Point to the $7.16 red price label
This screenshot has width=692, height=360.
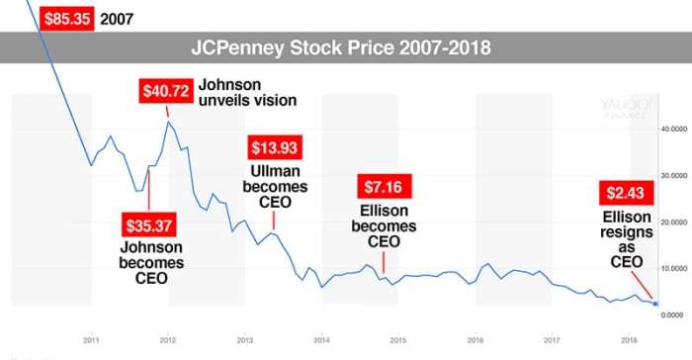(x=381, y=187)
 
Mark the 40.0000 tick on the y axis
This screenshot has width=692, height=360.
(x=673, y=129)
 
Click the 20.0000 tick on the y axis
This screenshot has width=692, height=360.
(x=673, y=222)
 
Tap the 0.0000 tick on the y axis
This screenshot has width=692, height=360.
(x=675, y=315)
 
